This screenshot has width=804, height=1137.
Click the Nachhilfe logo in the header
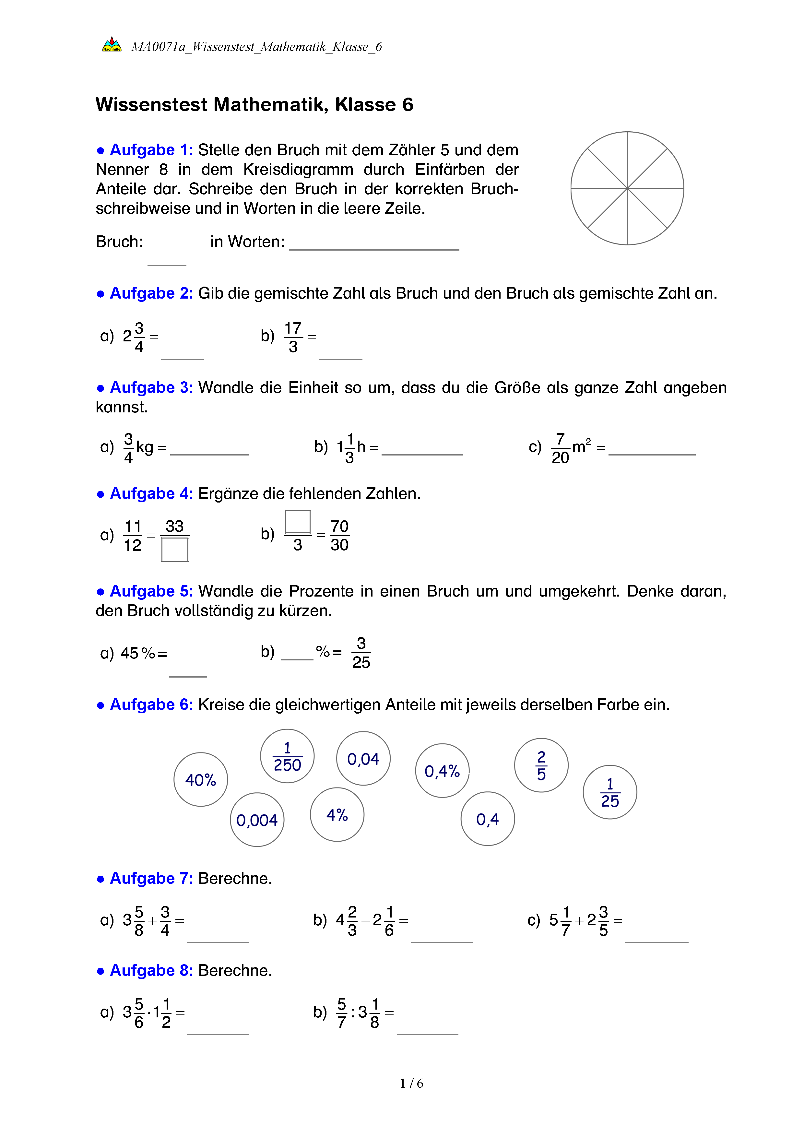coord(112,44)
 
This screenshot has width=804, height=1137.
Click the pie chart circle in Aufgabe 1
coord(627,188)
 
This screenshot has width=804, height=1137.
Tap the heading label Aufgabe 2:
coord(151,293)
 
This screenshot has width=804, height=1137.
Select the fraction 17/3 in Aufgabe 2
coord(293,337)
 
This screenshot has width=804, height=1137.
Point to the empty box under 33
coord(175,549)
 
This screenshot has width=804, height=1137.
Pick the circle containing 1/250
coord(287,756)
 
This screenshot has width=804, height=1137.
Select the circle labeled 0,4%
coord(442,771)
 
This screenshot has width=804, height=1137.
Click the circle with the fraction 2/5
coord(541,765)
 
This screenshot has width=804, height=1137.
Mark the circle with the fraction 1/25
coord(610,792)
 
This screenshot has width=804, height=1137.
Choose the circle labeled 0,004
coord(257,820)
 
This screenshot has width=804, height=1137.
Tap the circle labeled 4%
coord(337,815)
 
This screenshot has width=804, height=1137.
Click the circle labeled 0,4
coord(488,819)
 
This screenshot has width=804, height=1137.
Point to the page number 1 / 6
coord(411,1084)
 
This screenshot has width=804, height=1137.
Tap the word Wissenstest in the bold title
coord(151,104)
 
